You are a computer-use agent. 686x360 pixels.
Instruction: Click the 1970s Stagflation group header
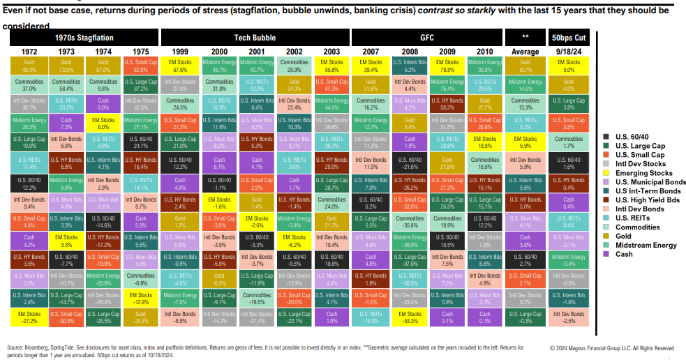click(x=83, y=37)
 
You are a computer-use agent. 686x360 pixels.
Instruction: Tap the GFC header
click(x=427, y=37)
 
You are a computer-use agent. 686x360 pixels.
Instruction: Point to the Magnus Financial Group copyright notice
click(x=611, y=347)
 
